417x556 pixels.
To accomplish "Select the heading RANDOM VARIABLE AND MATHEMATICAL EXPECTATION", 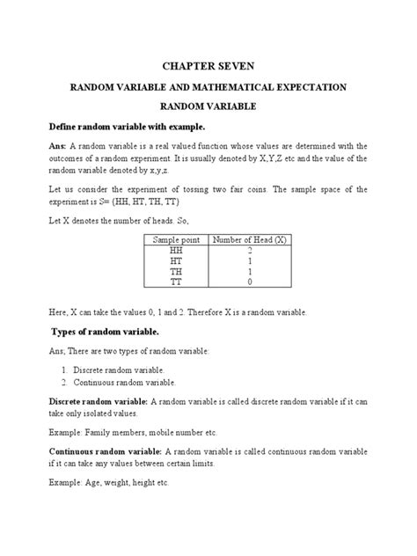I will (208, 87).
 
